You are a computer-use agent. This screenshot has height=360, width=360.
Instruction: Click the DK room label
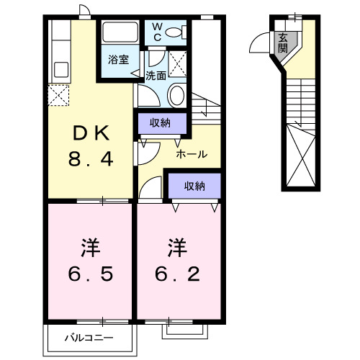89,135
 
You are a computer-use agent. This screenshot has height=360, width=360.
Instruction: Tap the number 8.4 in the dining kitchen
89,159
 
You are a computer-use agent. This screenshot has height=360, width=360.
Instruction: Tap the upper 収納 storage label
160,123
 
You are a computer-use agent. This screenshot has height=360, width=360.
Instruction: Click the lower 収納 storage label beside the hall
194,186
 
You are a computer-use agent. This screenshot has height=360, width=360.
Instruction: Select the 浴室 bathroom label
119,60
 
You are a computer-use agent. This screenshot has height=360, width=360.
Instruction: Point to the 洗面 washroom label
156,74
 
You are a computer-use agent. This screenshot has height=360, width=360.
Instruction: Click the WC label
158,32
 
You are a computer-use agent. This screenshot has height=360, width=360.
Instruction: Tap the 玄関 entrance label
283,42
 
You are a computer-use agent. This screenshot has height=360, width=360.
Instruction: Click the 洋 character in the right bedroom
176,249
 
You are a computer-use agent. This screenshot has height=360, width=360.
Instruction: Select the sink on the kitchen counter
60,71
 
